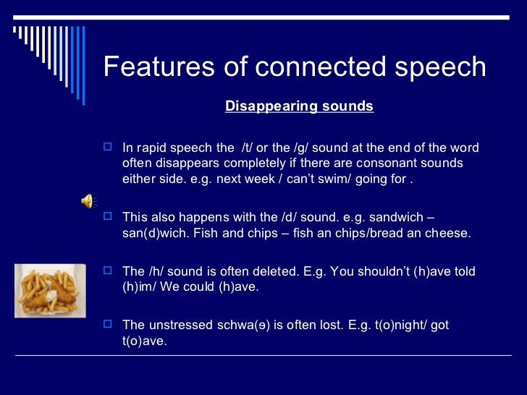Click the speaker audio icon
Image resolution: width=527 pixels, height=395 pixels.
tap(87, 201)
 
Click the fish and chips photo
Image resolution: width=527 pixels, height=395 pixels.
tap(51, 290)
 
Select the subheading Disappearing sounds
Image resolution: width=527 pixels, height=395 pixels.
tap(299, 106)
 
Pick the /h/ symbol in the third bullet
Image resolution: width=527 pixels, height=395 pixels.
tap(159, 271)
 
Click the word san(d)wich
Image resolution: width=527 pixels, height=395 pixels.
tap(154, 233)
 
